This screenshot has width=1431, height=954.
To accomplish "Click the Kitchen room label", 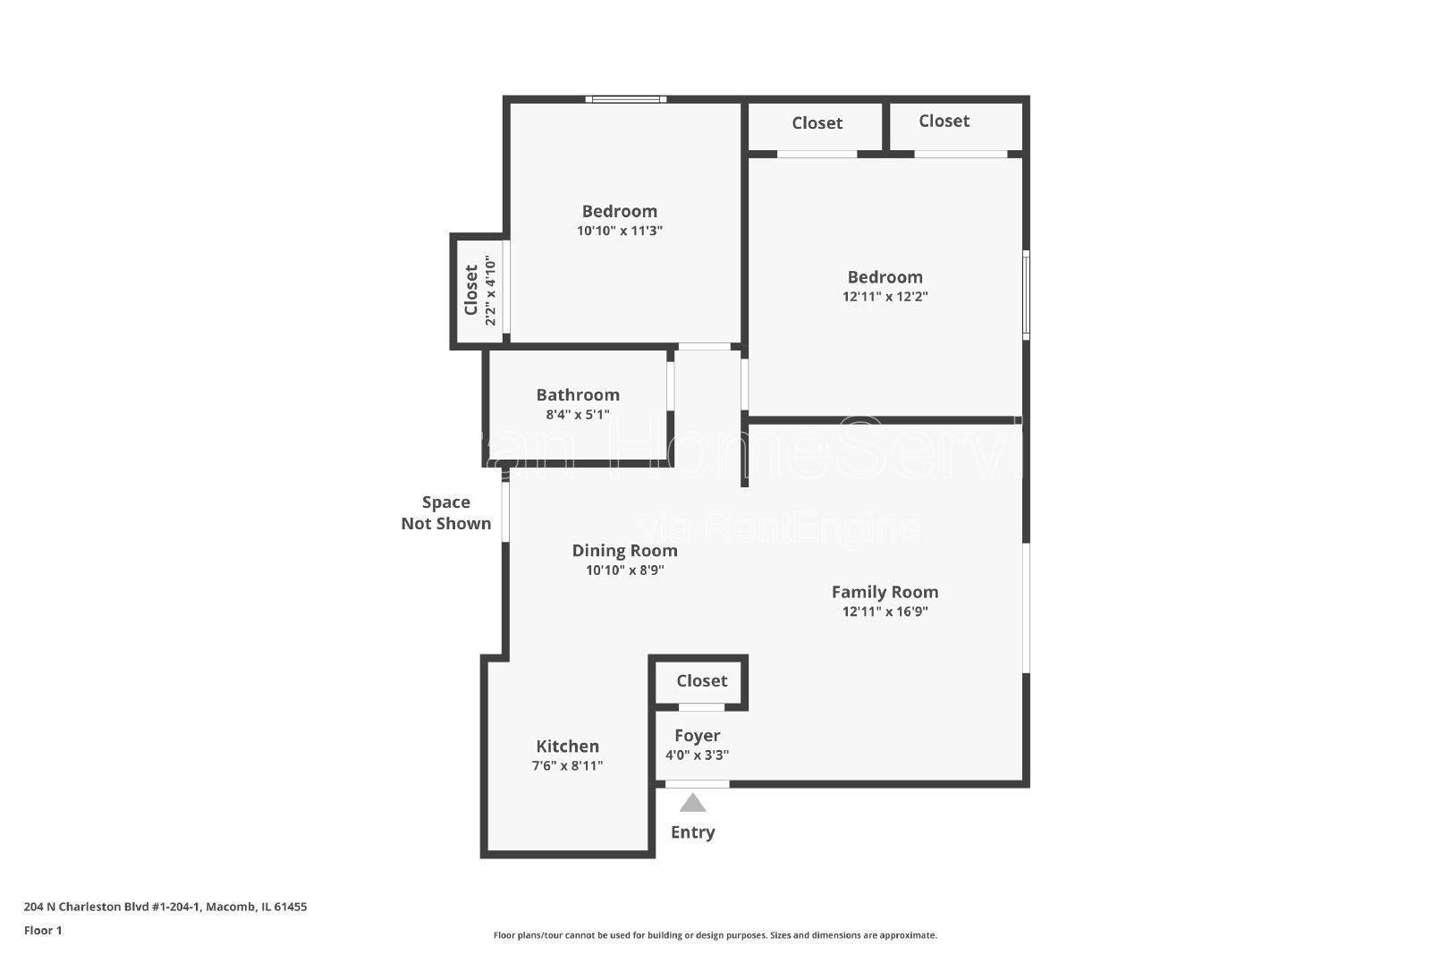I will coord(567,746).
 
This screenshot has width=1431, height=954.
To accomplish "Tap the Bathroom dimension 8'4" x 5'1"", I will coord(577,415).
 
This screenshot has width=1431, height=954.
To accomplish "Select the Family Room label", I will coord(885,592).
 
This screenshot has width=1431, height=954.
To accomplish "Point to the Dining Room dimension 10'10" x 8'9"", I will coord(624,570).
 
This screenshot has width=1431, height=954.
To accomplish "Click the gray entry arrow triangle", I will coord(692,803).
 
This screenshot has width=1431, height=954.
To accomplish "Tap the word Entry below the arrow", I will coord(692,832).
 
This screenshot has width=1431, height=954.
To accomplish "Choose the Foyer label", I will coord(697,735).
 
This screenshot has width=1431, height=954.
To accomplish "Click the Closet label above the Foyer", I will coord(701,680).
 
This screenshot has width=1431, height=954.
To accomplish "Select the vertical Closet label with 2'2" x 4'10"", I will coord(471,290).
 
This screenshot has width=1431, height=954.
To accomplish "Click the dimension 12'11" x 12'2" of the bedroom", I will coord(885,297).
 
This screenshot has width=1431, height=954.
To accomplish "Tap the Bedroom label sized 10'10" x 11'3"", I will coord(619,211).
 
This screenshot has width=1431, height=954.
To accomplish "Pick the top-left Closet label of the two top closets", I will coord(817,123).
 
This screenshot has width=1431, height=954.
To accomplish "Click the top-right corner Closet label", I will coord(944,121).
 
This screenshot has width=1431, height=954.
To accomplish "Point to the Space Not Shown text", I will coord(445,513).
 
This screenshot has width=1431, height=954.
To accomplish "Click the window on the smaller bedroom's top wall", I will coord(626,99).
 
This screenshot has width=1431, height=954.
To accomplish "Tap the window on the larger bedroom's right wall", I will coord(1026,295).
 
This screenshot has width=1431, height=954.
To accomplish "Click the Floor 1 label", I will coord(43,931).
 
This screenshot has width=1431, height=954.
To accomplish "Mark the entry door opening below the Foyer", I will coord(697,784).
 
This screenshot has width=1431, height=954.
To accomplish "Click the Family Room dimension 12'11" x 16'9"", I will coord(885,612).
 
